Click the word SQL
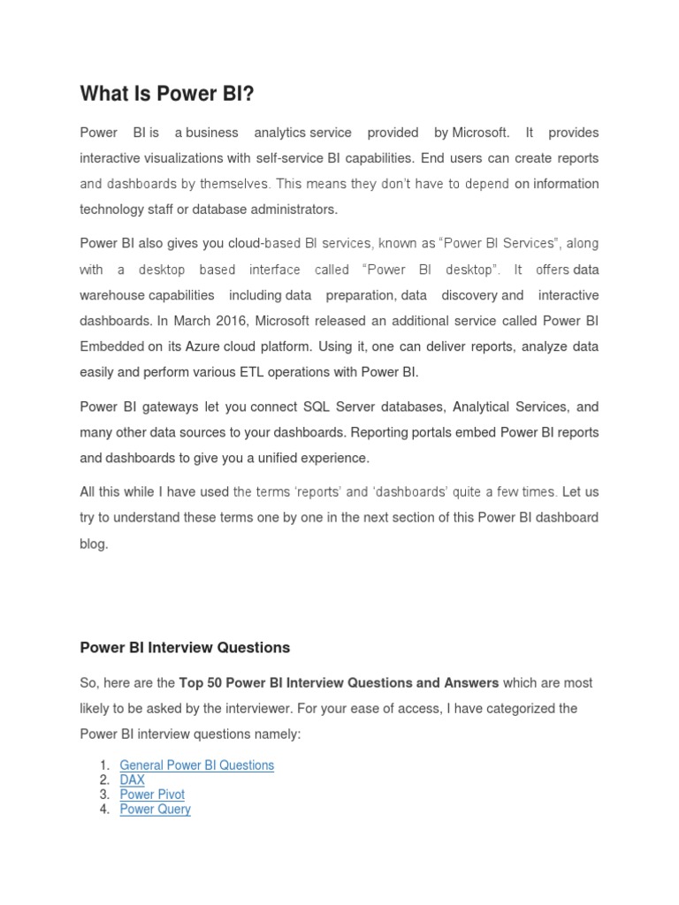[x=321, y=407]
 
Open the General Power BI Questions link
[x=196, y=765]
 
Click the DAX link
[x=132, y=780]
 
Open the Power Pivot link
[x=152, y=795]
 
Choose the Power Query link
[x=155, y=809]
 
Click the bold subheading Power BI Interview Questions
[x=185, y=648]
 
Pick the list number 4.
[x=104, y=809]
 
